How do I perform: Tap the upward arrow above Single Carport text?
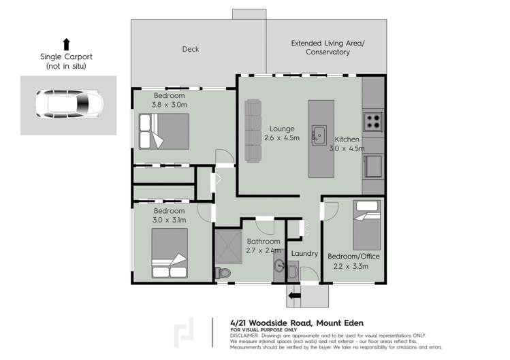click(x=66, y=44)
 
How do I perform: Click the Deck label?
click(x=190, y=49)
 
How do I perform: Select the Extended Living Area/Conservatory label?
click(x=328, y=47)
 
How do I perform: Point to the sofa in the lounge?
click(x=253, y=130)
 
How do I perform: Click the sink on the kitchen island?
click(x=319, y=135)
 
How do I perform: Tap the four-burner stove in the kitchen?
click(x=374, y=122)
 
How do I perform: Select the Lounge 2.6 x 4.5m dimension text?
click(x=281, y=133)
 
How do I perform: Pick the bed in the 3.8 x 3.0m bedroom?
click(x=163, y=131)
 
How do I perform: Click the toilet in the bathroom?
click(x=223, y=272)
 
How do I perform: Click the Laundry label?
click(x=304, y=253)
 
